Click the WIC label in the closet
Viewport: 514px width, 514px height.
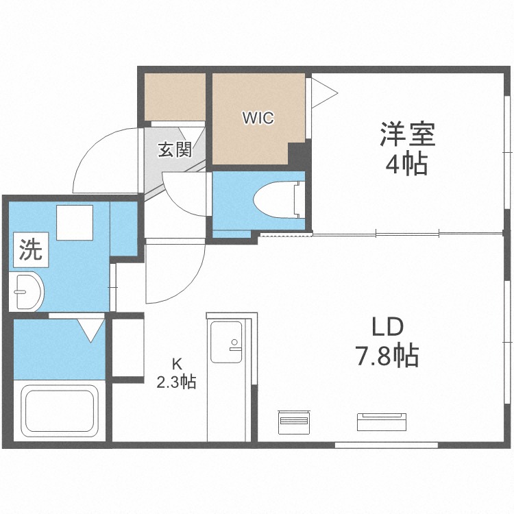258,118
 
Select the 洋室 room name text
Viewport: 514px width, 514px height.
408,134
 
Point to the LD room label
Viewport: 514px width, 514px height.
387,327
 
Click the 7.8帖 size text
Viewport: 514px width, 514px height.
387,355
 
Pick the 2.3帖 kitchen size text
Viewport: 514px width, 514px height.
176,382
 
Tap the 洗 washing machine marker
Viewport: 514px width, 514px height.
31,249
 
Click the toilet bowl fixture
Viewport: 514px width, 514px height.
280,199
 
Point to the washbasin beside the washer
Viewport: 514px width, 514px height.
26,291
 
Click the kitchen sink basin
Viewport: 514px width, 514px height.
226,341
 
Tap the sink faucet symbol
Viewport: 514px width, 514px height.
234,345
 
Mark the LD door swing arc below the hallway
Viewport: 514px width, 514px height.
188,282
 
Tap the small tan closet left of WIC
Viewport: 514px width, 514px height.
175,97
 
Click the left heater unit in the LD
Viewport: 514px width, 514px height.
293,422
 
